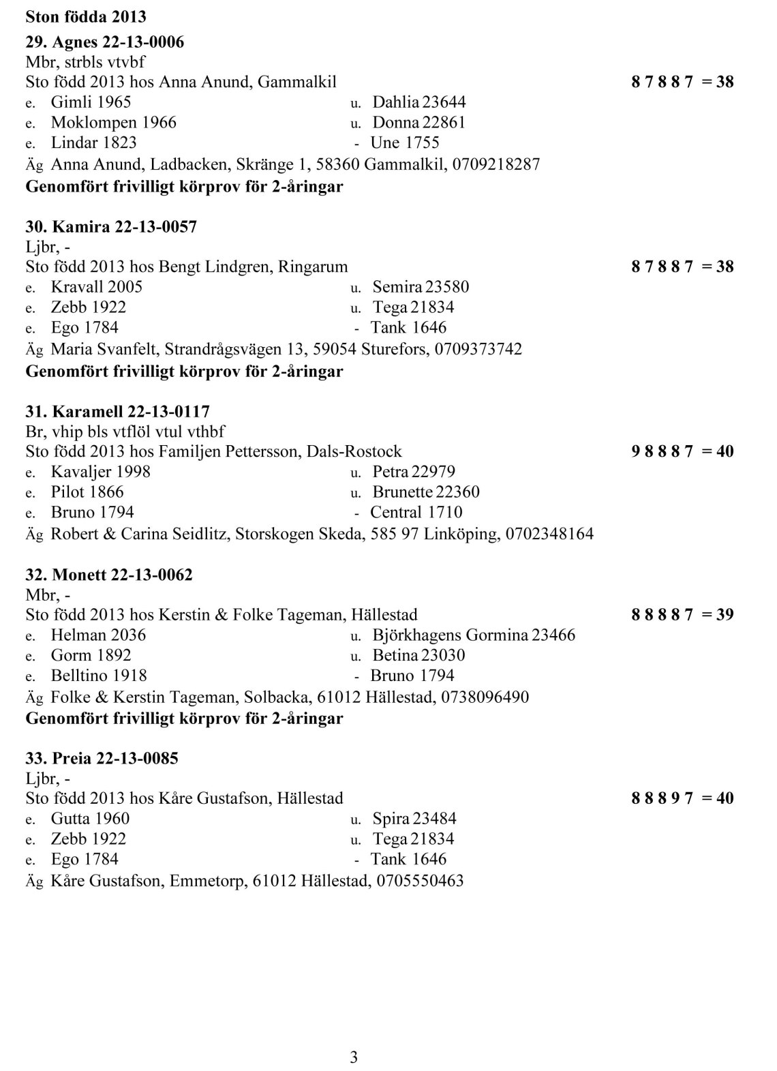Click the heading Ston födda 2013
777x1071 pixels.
pos(86,15)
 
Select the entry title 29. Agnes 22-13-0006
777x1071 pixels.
pos(104,42)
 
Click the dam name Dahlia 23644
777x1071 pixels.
pos(419,102)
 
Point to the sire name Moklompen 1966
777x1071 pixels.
pos(113,123)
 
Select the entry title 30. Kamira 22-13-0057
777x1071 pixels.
pos(111,226)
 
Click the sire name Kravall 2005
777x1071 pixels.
pos(97,287)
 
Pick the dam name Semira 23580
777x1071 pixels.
pos(421,287)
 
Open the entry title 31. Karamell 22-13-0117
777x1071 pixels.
pos(117,412)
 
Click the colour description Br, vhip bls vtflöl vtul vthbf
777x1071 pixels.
pos(125,432)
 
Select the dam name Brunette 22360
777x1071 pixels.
pos(426,492)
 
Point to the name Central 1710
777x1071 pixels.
pos(416,513)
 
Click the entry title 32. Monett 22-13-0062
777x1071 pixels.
pos(109,575)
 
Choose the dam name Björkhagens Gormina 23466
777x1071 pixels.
pos(474,635)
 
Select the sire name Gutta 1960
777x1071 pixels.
pos(90,819)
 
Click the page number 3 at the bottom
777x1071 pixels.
pos(353,1057)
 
